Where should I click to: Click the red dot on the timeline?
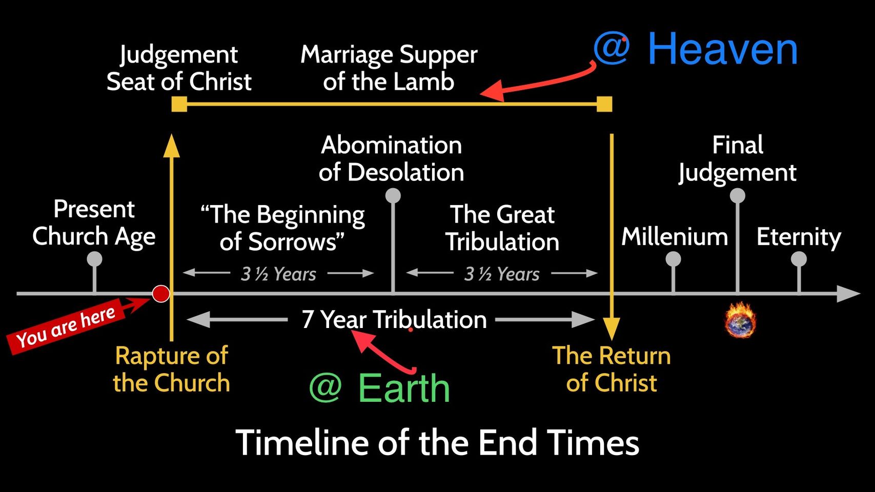point(160,294)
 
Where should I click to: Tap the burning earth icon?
point(740,320)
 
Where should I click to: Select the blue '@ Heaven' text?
point(695,49)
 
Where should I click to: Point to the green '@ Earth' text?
point(379,388)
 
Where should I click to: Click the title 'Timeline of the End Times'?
point(438,443)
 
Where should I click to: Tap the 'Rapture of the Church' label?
point(172,369)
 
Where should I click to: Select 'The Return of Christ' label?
point(612,369)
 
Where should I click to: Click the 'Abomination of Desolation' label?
point(392,158)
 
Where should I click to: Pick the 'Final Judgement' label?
point(738,158)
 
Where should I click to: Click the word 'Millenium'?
point(675,237)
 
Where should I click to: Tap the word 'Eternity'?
point(799,237)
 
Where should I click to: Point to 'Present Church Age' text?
point(94,223)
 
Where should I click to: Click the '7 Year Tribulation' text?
point(394,319)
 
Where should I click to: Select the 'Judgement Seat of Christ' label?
point(179,68)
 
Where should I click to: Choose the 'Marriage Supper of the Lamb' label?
point(389,68)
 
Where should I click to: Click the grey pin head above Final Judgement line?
point(738,196)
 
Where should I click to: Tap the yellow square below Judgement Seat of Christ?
point(179,104)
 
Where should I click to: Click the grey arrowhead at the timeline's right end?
point(848,294)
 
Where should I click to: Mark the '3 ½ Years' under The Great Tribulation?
point(502,274)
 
